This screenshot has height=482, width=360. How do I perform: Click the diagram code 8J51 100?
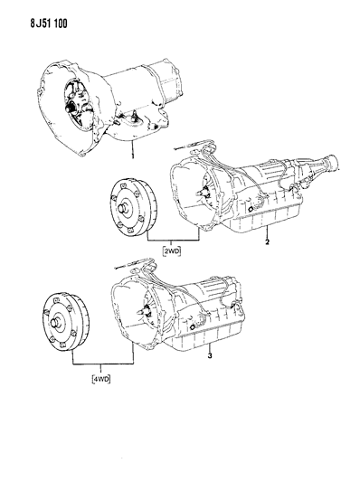[49, 24]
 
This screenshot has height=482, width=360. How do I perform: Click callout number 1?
[132, 156]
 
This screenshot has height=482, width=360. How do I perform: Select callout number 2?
[267, 241]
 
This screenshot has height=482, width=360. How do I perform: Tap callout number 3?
[210, 356]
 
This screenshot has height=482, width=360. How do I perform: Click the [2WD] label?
[172, 251]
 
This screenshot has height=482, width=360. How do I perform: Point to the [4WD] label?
[100, 379]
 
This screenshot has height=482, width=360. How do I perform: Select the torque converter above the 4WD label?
[66, 322]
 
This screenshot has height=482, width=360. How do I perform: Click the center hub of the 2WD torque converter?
[124, 207]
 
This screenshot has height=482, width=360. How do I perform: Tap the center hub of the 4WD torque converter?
[57, 323]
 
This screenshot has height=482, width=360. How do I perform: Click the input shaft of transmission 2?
[201, 193]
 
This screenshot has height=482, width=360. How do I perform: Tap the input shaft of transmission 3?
[141, 310]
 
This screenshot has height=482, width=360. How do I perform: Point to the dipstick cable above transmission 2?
[190, 145]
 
